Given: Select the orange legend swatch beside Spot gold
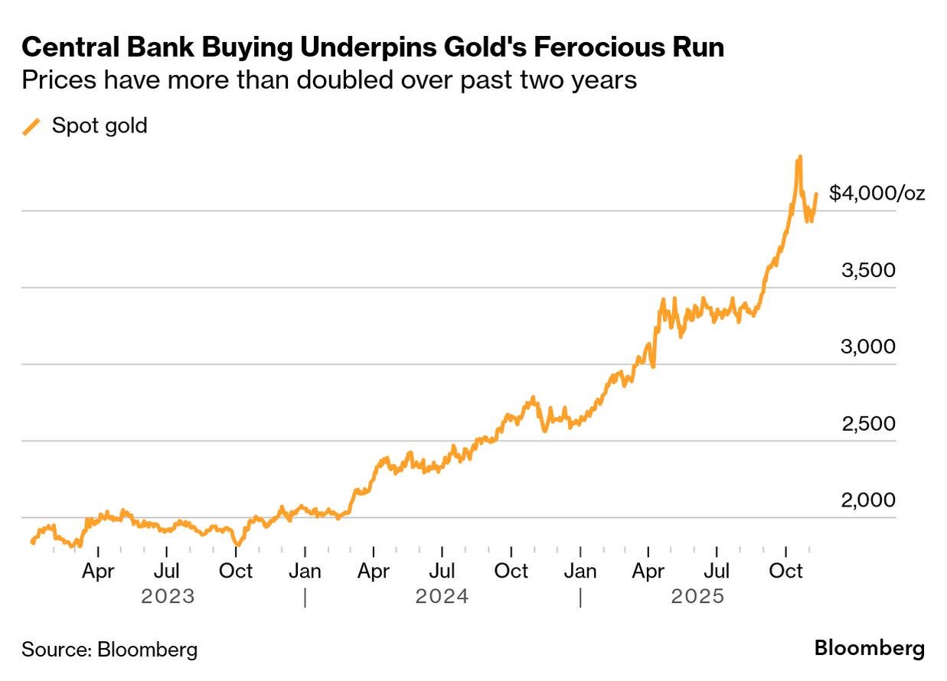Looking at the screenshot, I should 32,126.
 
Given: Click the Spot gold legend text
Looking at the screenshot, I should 100,125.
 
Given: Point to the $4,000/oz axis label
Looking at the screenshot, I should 877,193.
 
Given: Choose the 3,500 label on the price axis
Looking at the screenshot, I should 868,270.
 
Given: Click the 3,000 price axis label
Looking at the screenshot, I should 868,347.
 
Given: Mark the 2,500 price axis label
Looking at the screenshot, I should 868,423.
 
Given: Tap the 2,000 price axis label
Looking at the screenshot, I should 868,500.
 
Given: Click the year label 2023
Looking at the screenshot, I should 168,596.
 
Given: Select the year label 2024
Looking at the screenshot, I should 442,596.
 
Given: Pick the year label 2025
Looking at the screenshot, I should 697,596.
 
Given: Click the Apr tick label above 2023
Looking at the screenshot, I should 98,571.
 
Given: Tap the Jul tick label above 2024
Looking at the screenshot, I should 442,571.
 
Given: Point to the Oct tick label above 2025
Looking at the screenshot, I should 785,571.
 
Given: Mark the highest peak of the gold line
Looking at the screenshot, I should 799,157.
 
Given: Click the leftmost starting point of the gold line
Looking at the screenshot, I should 32,543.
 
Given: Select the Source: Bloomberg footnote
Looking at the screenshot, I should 109,650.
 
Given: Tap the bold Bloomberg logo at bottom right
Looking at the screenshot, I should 869,649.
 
